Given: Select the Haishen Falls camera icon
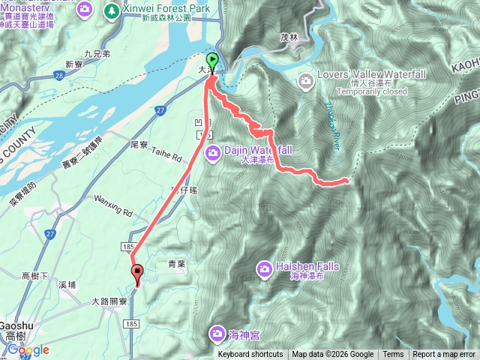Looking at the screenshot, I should coord(264,268).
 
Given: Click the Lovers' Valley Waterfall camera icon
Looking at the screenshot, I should coord(305,79).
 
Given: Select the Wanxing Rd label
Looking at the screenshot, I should coord(112,201).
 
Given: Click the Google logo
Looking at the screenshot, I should coord(28,349).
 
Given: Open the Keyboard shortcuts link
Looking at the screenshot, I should coord(250,355).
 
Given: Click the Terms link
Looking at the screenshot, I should coord(393,355).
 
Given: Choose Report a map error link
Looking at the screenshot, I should coord(444,355).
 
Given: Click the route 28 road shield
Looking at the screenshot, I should coord(58,75).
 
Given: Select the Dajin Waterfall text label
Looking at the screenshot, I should coord(255,150).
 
